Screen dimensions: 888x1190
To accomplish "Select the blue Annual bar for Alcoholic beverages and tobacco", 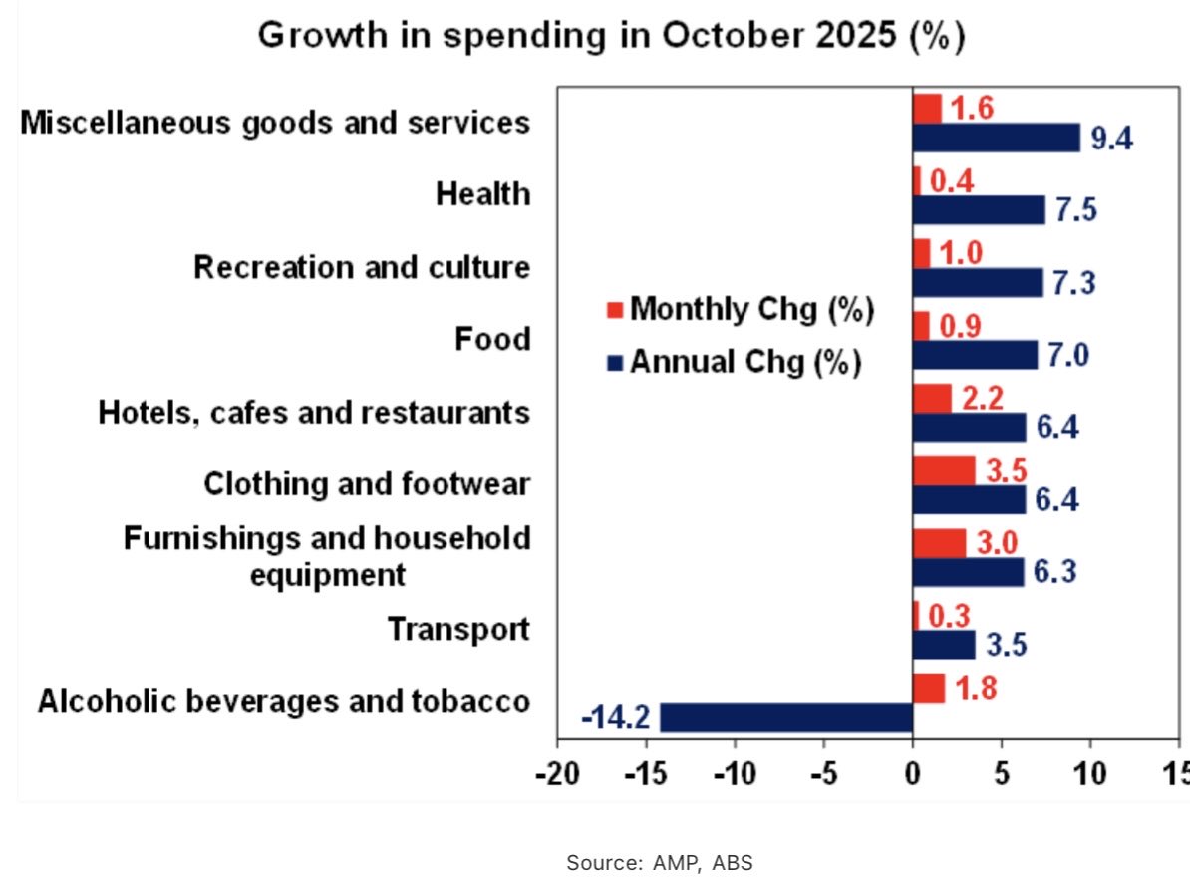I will tap(786, 717).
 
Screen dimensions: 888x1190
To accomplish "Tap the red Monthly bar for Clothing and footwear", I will tap(944, 470).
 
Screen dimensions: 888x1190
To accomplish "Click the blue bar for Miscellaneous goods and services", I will tap(996, 138).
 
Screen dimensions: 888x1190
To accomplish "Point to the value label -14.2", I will tap(615, 718).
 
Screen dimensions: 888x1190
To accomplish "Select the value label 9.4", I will tap(1111, 139).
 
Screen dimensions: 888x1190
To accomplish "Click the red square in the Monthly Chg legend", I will tap(615, 310).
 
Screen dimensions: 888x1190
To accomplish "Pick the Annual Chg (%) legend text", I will tap(745, 362).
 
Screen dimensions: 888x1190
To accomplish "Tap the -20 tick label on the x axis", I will tap(556, 774).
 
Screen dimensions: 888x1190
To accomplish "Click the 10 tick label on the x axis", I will tap(1089, 774).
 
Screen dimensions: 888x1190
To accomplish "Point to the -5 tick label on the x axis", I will tap(823, 774).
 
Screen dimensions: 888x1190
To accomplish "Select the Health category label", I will tap(482, 194).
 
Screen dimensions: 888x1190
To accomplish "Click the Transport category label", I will tap(458, 630).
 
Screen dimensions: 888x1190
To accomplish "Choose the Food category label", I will tap(492, 340).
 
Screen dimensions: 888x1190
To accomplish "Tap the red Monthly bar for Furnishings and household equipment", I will tap(939, 543).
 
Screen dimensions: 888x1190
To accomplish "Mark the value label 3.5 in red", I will tap(1007, 469).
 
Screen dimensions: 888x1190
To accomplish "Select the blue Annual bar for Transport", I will tap(944, 645).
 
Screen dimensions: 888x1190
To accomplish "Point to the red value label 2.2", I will tap(982, 398).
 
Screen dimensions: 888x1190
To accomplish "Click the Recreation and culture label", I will tap(362, 268).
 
